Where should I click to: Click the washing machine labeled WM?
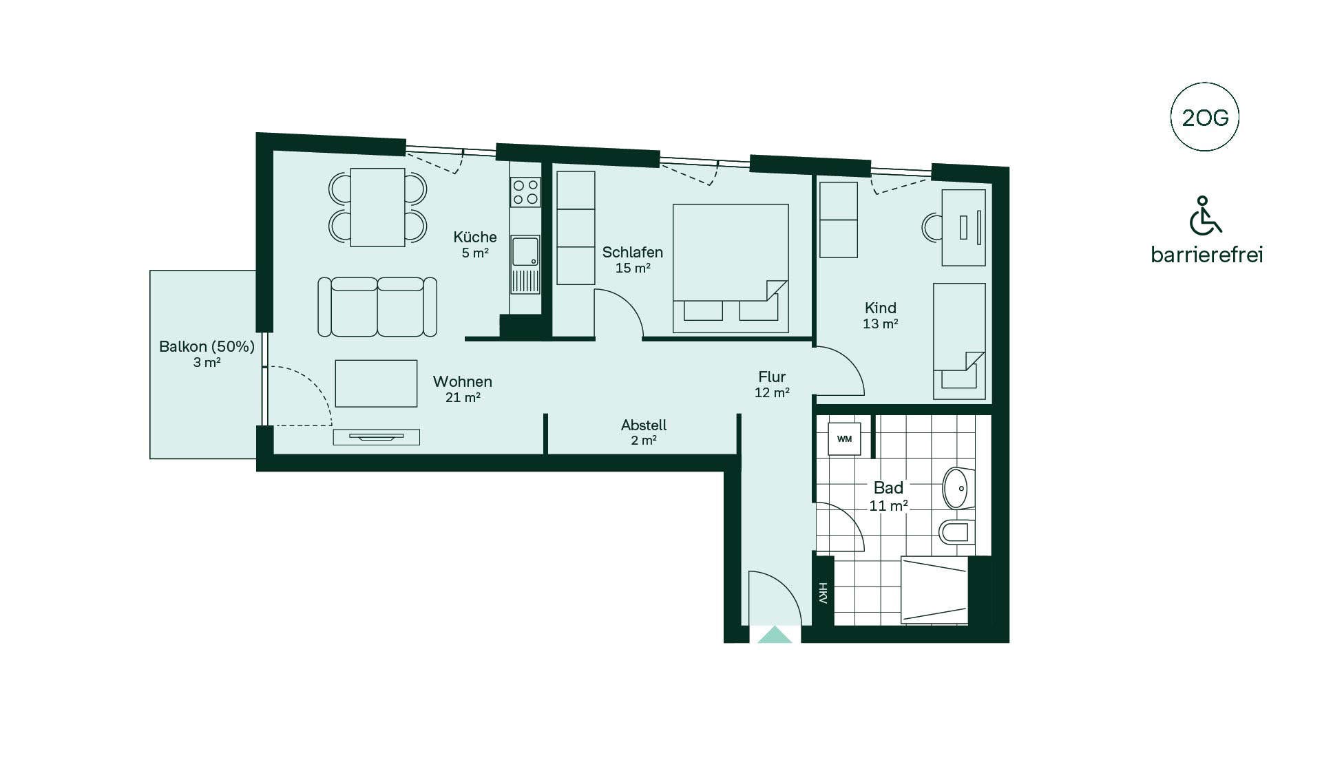844,439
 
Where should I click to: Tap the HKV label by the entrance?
823,593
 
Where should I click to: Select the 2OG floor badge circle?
1204,117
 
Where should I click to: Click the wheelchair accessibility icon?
1206,215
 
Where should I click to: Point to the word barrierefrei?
1207,255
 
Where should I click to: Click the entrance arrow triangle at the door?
775,635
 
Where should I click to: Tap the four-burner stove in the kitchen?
525,192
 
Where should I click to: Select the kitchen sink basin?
525,252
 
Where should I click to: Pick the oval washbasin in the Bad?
958,488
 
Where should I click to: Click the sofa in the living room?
377,307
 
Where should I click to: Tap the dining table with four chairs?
377,207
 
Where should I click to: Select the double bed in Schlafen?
731,268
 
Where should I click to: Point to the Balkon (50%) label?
207,347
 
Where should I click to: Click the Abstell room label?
644,425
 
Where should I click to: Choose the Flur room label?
772,377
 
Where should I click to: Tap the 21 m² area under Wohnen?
463,398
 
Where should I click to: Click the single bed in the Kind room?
959,341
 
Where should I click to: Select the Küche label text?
475,237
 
